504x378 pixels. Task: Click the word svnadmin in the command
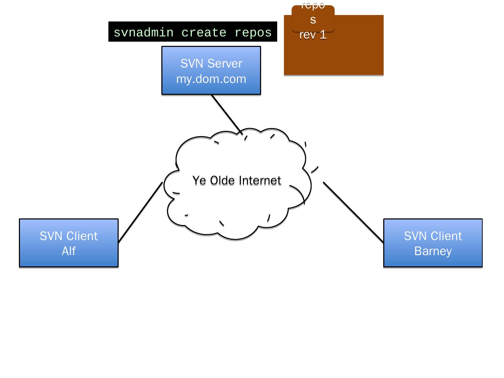click(x=143, y=33)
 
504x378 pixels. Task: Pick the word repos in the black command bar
click(x=253, y=33)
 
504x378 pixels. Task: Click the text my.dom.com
click(x=211, y=79)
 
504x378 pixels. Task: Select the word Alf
click(x=69, y=251)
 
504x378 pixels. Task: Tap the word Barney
click(x=433, y=251)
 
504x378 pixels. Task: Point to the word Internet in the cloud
click(x=260, y=181)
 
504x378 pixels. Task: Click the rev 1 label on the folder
click(x=313, y=35)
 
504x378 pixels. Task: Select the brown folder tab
click(x=313, y=17)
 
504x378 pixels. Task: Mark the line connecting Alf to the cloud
click(x=140, y=212)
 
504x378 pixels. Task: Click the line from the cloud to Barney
click(x=353, y=212)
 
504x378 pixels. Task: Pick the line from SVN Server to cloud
click(x=226, y=114)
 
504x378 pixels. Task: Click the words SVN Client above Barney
click(x=433, y=236)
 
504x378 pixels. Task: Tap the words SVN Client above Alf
click(x=69, y=236)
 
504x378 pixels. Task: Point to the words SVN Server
click(x=211, y=64)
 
